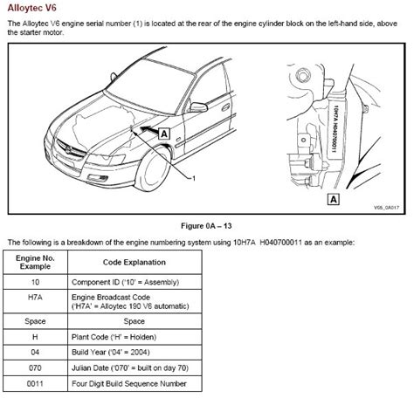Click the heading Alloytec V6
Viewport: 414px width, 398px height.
click(x=32, y=8)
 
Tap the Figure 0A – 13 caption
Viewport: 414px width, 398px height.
click(x=206, y=226)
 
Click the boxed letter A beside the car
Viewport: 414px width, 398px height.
click(x=164, y=134)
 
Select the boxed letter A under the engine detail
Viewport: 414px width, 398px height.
click(x=334, y=199)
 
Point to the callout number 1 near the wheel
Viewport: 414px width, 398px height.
click(x=194, y=178)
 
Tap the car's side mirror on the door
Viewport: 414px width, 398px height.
click(x=198, y=107)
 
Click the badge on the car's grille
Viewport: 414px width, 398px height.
click(x=68, y=150)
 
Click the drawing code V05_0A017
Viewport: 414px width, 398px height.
click(x=386, y=208)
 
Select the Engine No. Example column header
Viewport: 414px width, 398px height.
click(x=35, y=262)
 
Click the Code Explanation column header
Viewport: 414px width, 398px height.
click(x=135, y=262)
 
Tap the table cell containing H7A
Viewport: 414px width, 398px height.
click(x=35, y=301)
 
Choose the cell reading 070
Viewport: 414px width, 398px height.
click(x=35, y=368)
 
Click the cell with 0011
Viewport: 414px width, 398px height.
click(x=35, y=384)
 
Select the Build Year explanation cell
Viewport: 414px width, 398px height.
click(x=135, y=353)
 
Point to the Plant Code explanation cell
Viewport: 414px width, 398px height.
click(x=135, y=337)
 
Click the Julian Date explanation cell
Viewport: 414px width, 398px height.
click(x=135, y=368)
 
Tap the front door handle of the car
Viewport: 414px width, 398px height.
click(x=225, y=107)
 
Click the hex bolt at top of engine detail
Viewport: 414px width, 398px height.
click(x=303, y=76)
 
